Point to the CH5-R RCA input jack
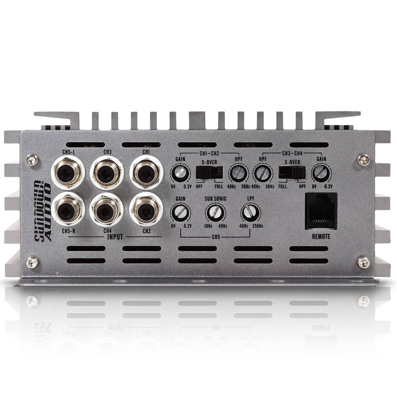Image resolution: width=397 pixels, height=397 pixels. [x=68, y=210]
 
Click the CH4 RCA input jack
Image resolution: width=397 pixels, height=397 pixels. [x=107, y=210]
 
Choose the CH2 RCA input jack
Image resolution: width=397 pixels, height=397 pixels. [x=146, y=210]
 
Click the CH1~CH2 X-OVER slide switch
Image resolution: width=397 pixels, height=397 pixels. [x=210, y=172]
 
